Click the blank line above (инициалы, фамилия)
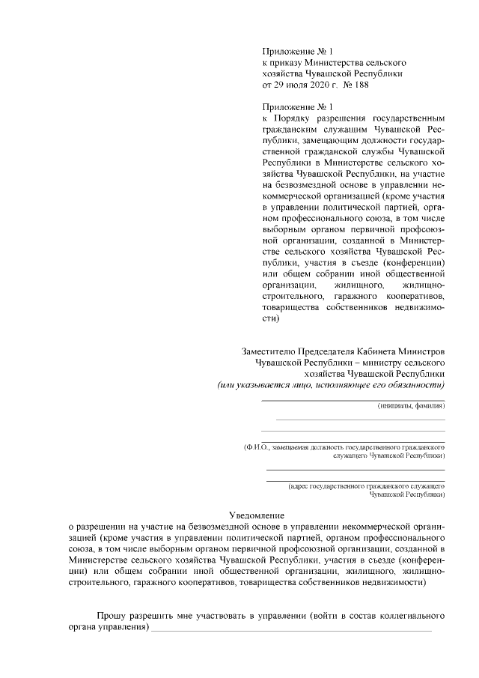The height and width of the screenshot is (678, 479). (x=353, y=400)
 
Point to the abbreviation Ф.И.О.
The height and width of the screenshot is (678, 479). (x=256, y=447)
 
